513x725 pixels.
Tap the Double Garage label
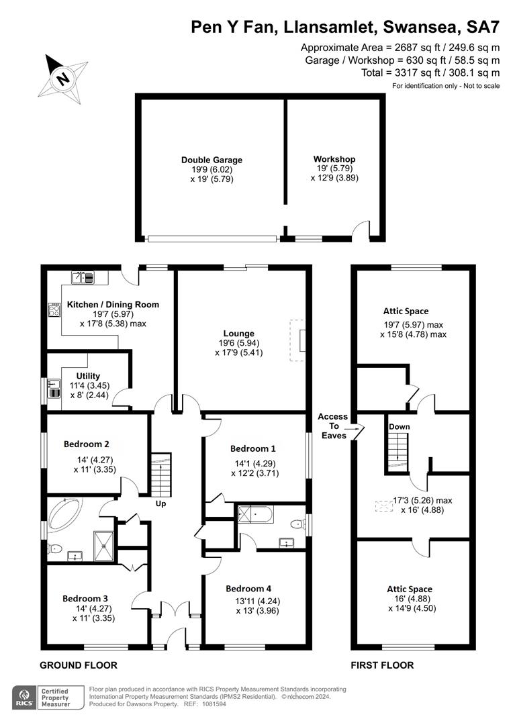click(x=212, y=160)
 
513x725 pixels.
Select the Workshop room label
click(x=334, y=159)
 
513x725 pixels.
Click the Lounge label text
click(x=239, y=333)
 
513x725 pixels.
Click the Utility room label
click(x=88, y=376)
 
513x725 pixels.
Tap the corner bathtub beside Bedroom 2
click(x=64, y=514)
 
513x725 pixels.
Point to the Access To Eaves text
click(x=332, y=426)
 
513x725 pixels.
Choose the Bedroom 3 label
click(x=85, y=599)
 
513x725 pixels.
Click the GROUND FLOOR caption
click(x=78, y=665)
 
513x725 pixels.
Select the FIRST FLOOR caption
click(x=382, y=665)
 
